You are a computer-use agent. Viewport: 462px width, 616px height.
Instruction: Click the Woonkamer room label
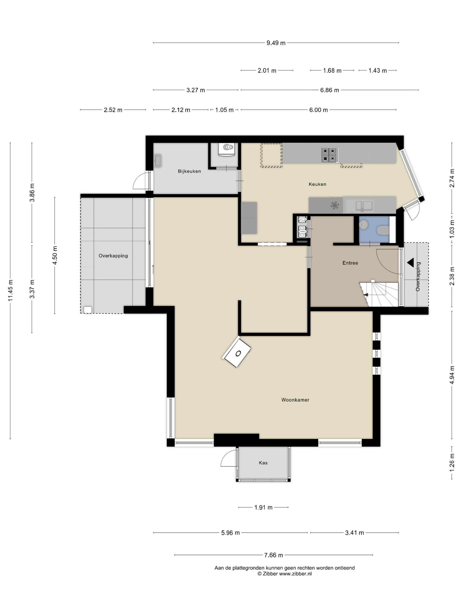tap(295, 400)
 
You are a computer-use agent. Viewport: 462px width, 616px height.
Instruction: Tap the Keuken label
tap(317, 184)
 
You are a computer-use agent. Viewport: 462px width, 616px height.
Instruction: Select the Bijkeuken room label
tap(189, 171)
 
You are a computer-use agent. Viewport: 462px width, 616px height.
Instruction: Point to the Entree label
tap(350, 263)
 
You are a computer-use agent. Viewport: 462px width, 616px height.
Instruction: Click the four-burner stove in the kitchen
tap(330, 155)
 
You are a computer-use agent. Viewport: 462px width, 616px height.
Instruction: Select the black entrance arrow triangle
tap(411, 263)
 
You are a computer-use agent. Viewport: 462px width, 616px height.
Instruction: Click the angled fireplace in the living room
tap(236, 352)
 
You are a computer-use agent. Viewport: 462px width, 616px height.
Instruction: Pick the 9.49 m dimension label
tap(276, 43)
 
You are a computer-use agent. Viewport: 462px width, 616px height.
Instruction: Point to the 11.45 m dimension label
tap(10, 290)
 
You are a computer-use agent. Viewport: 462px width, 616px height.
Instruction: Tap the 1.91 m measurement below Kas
tap(263, 507)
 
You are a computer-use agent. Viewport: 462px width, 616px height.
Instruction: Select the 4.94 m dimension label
tap(452, 375)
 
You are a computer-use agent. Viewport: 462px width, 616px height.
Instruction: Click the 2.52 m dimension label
tap(113, 110)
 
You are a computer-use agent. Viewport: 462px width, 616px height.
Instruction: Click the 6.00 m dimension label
tap(318, 110)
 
